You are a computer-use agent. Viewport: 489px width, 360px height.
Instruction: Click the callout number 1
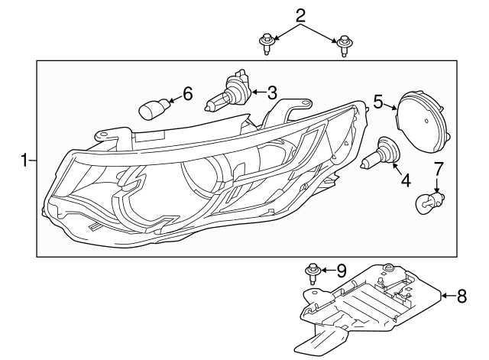point(24,161)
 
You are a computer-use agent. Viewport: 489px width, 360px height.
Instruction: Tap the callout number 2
point(300,15)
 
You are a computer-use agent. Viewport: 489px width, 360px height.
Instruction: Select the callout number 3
point(272,93)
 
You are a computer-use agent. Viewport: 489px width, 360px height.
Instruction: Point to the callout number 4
point(405,180)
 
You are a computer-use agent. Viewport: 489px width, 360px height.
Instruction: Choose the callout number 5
point(378,101)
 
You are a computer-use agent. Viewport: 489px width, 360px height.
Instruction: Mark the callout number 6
point(187,94)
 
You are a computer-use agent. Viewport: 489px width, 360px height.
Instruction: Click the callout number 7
point(439,167)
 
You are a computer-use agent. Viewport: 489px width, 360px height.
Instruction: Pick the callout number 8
point(461,296)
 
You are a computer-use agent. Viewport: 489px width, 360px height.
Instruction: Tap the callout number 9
point(341,270)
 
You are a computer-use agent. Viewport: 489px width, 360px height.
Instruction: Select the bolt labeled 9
point(313,272)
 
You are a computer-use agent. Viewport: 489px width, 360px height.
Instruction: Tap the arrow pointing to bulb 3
point(256,93)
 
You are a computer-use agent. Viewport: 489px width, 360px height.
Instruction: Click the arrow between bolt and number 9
point(326,270)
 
